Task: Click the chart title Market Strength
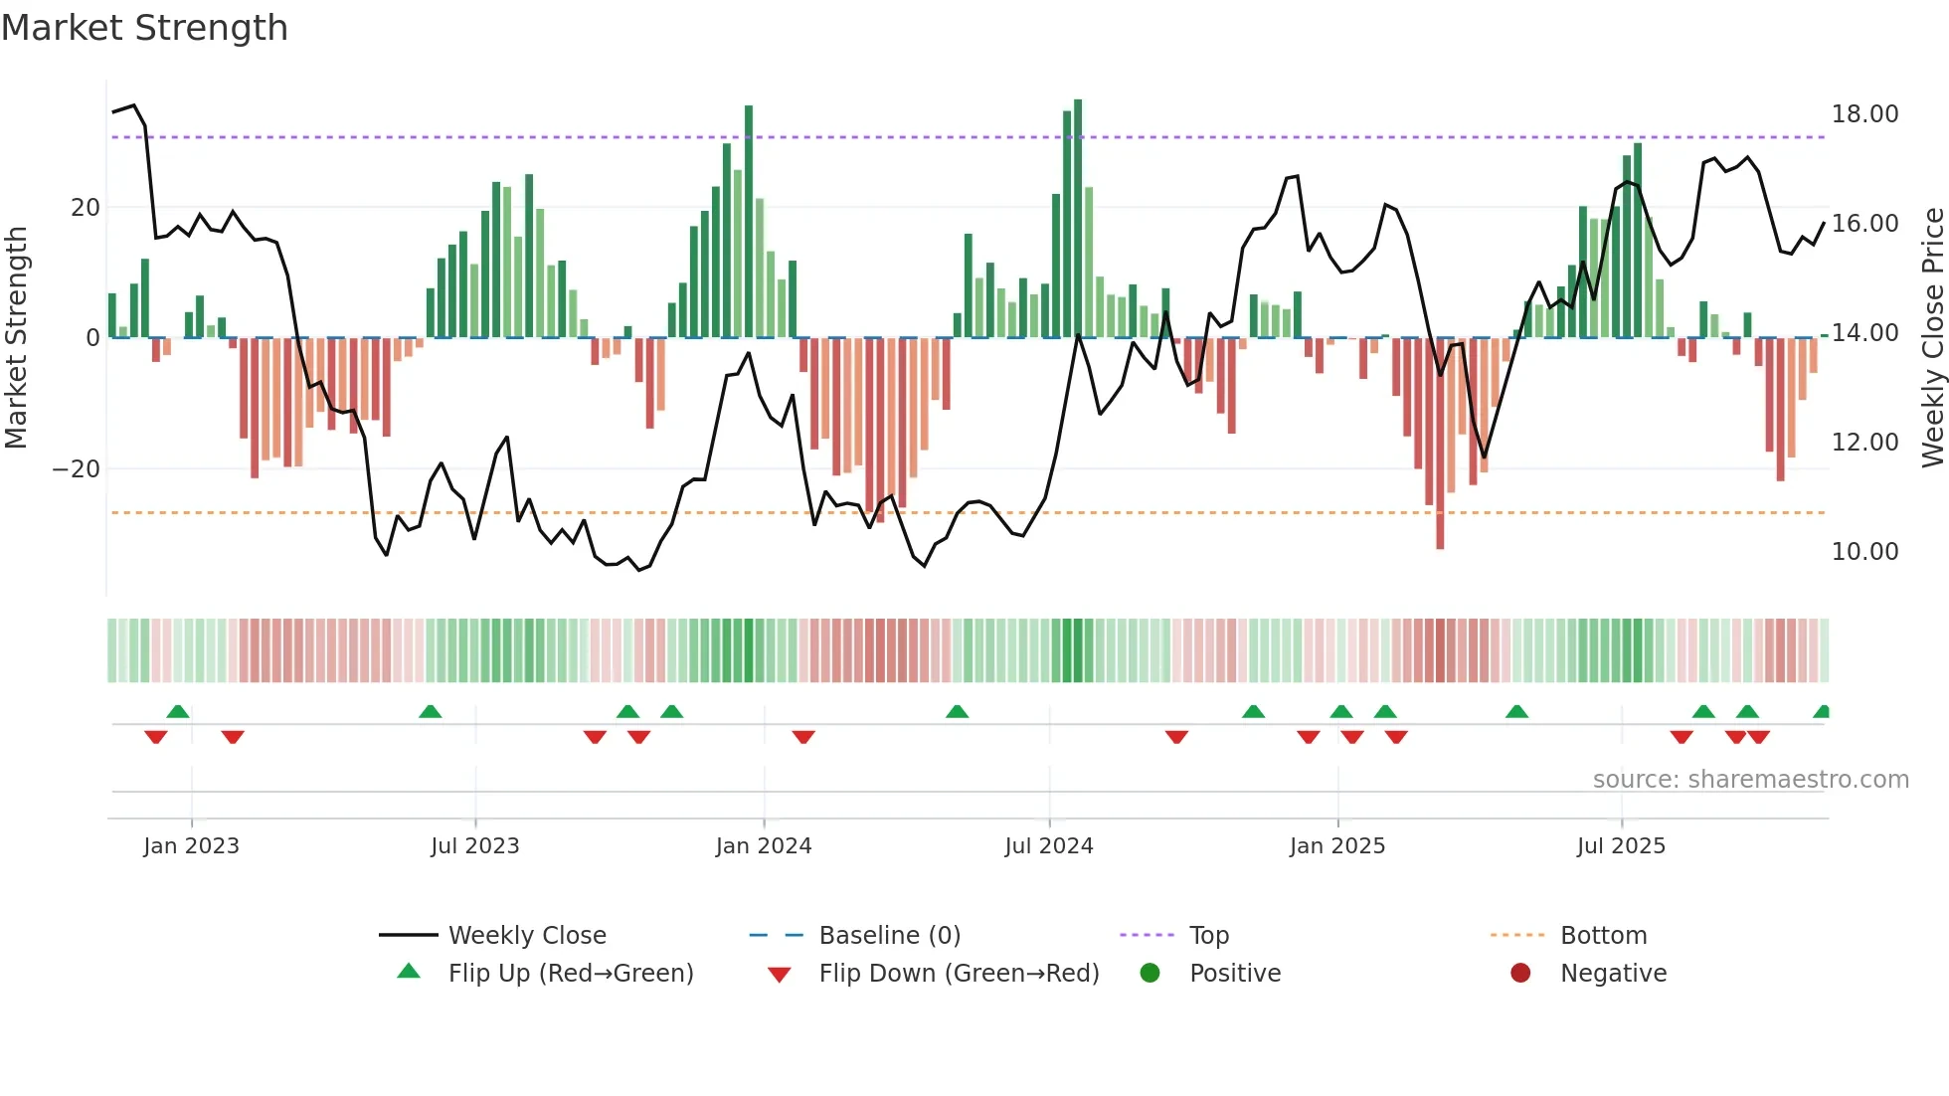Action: (x=144, y=28)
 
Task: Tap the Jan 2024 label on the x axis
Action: (x=763, y=846)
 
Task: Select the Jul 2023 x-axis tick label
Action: (x=474, y=846)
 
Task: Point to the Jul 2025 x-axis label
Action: (x=1620, y=846)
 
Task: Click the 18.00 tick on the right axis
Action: (x=1864, y=114)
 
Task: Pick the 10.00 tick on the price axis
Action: (x=1864, y=552)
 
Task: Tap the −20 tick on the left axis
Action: (x=77, y=469)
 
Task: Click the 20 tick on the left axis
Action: (x=86, y=208)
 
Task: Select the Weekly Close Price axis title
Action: (x=1932, y=338)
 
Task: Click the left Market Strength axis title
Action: (x=16, y=338)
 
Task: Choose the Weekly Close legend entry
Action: (x=527, y=936)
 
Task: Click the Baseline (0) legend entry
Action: (x=889, y=936)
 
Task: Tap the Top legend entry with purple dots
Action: (x=1208, y=936)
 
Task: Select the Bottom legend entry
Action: (x=1603, y=936)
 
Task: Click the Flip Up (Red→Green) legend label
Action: (x=571, y=974)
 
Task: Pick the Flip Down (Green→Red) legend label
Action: (x=959, y=974)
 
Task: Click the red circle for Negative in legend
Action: (x=1519, y=974)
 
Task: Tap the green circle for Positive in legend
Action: (x=1150, y=974)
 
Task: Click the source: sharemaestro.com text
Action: (x=1750, y=780)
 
